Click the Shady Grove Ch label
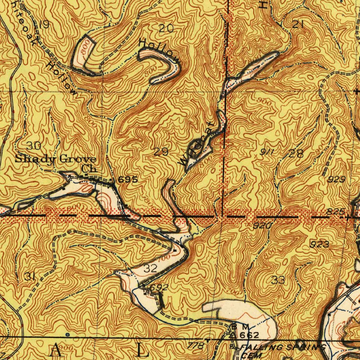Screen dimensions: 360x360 [56, 163]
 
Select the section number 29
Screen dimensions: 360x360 [161, 152]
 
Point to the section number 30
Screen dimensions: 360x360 [34, 146]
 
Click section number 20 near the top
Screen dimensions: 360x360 [166, 28]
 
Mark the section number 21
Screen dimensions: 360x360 [298, 24]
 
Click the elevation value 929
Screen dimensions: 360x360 [337, 180]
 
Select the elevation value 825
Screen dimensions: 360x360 [334, 212]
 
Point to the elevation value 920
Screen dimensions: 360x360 [262, 226]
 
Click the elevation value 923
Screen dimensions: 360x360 [319, 244]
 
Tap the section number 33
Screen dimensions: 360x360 [278, 280]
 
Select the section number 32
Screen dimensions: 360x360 [150, 269]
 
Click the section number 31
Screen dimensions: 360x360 [30, 277]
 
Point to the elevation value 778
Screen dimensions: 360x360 [196, 346]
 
